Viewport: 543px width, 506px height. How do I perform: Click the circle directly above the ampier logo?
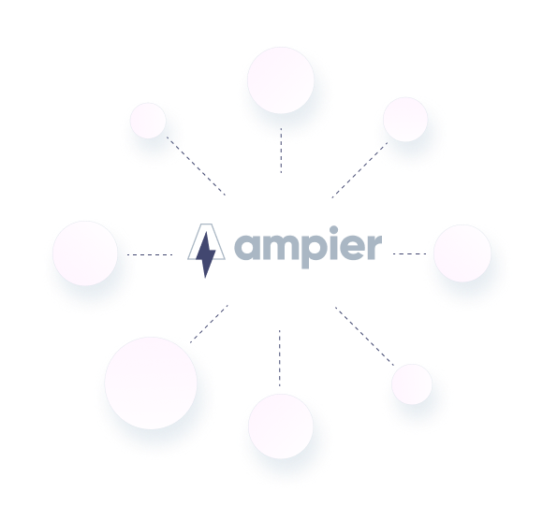click(281, 80)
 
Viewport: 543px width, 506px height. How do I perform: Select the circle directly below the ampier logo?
click(281, 426)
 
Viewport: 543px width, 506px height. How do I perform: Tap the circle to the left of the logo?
click(85, 253)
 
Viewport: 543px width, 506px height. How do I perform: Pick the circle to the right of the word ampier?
click(462, 253)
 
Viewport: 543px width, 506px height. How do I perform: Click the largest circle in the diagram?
click(151, 383)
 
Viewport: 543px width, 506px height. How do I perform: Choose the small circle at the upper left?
click(148, 121)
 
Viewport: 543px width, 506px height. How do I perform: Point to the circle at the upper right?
click(405, 120)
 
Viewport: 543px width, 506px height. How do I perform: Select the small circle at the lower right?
click(412, 383)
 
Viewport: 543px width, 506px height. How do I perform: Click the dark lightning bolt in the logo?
click(206, 254)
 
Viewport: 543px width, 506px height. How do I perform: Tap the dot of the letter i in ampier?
click(334, 231)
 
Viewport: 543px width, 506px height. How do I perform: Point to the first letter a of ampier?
click(247, 247)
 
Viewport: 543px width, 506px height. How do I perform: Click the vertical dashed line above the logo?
click(281, 151)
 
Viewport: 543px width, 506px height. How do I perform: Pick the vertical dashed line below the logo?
click(280, 358)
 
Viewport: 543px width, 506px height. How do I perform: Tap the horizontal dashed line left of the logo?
click(150, 255)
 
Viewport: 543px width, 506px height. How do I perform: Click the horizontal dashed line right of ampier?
click(410, 253)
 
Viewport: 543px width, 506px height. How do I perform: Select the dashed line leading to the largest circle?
click(209, 324)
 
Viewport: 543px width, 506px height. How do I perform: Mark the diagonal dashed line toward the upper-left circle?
click(196, 166)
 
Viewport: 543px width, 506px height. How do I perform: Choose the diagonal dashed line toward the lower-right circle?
click(364, 336)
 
